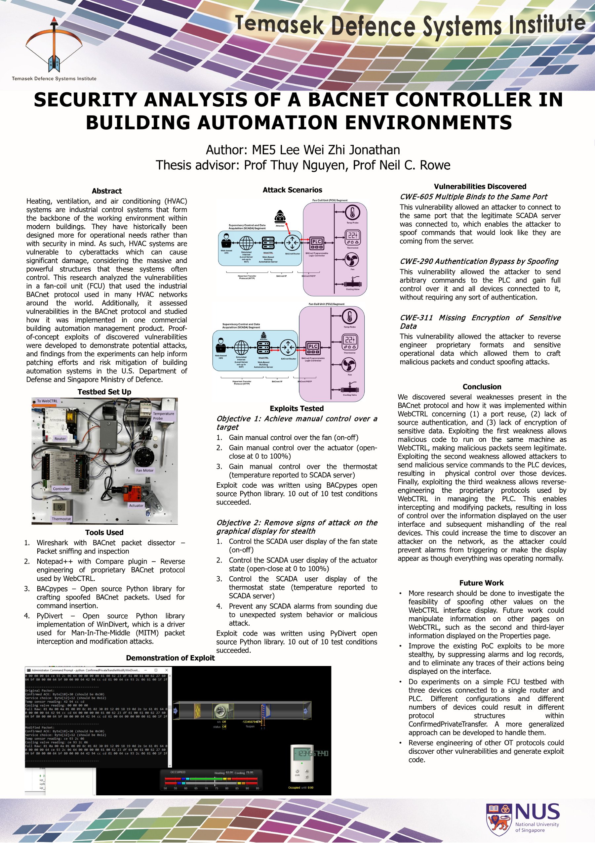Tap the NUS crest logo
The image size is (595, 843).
499,819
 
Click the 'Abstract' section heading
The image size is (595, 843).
107,191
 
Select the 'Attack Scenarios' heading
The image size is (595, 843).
292,190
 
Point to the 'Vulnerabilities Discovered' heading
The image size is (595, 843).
480,187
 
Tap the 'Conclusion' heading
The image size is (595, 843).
482,387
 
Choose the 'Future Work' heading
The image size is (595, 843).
481,583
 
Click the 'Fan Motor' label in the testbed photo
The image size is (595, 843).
145,470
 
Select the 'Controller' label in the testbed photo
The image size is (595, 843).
61,489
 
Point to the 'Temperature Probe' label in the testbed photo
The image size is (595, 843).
164,416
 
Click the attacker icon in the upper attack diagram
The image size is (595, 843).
280,216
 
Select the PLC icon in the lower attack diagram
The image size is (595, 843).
313,347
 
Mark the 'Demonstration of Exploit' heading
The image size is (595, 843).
170,658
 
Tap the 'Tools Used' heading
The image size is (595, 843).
104,532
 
